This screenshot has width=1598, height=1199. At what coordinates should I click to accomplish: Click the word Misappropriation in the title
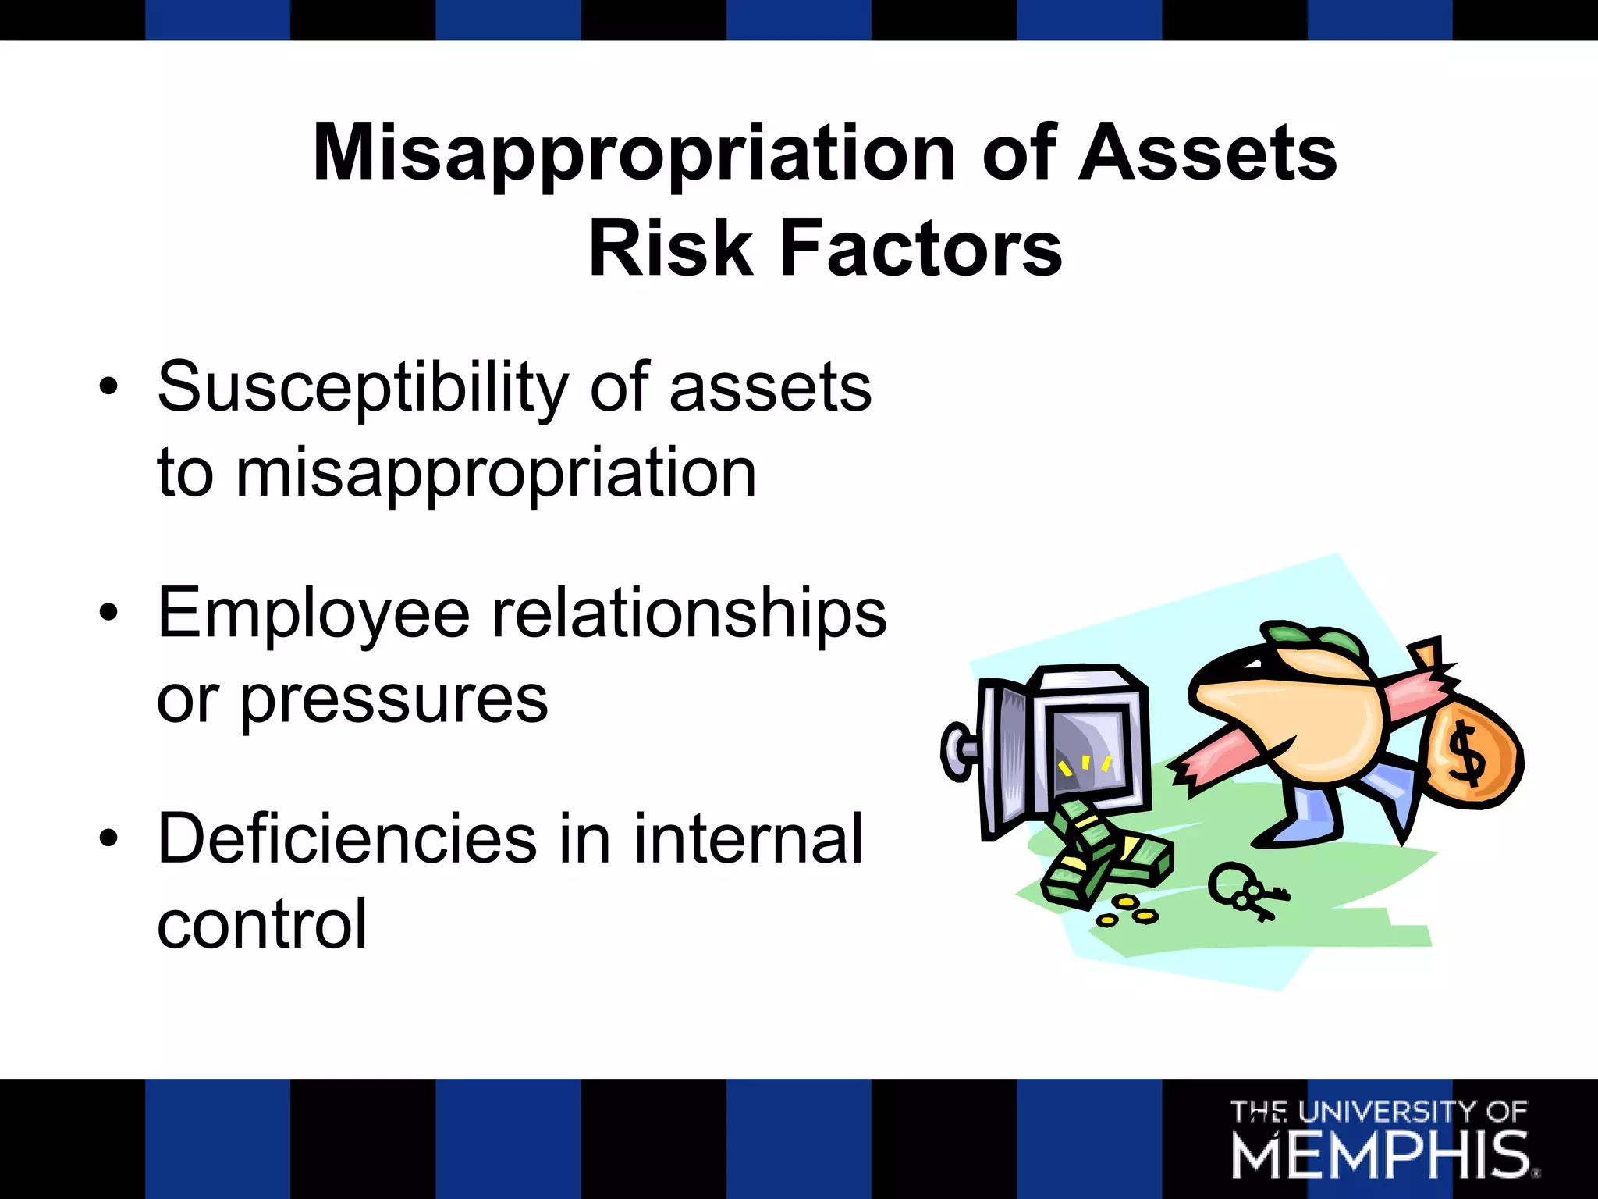coord(634,153)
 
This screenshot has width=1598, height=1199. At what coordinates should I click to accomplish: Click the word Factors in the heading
coord(921,248)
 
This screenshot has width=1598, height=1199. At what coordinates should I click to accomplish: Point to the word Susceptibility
coord(363,388)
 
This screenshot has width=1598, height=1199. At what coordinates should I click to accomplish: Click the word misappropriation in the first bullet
coord(496,473)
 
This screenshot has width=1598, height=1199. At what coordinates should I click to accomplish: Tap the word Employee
coord(313,614)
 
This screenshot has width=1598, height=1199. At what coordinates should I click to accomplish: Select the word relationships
coord(689,614)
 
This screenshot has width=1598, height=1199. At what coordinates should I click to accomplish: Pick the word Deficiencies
coord(347,839)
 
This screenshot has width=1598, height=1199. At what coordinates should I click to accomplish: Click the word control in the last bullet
coord(261,924)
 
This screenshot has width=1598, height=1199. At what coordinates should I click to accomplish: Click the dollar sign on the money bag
coord(1465,754)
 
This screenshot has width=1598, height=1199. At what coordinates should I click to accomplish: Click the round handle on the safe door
coord(957,751)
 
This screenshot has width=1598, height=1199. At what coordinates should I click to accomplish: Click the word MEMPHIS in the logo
coord(1380,1156)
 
